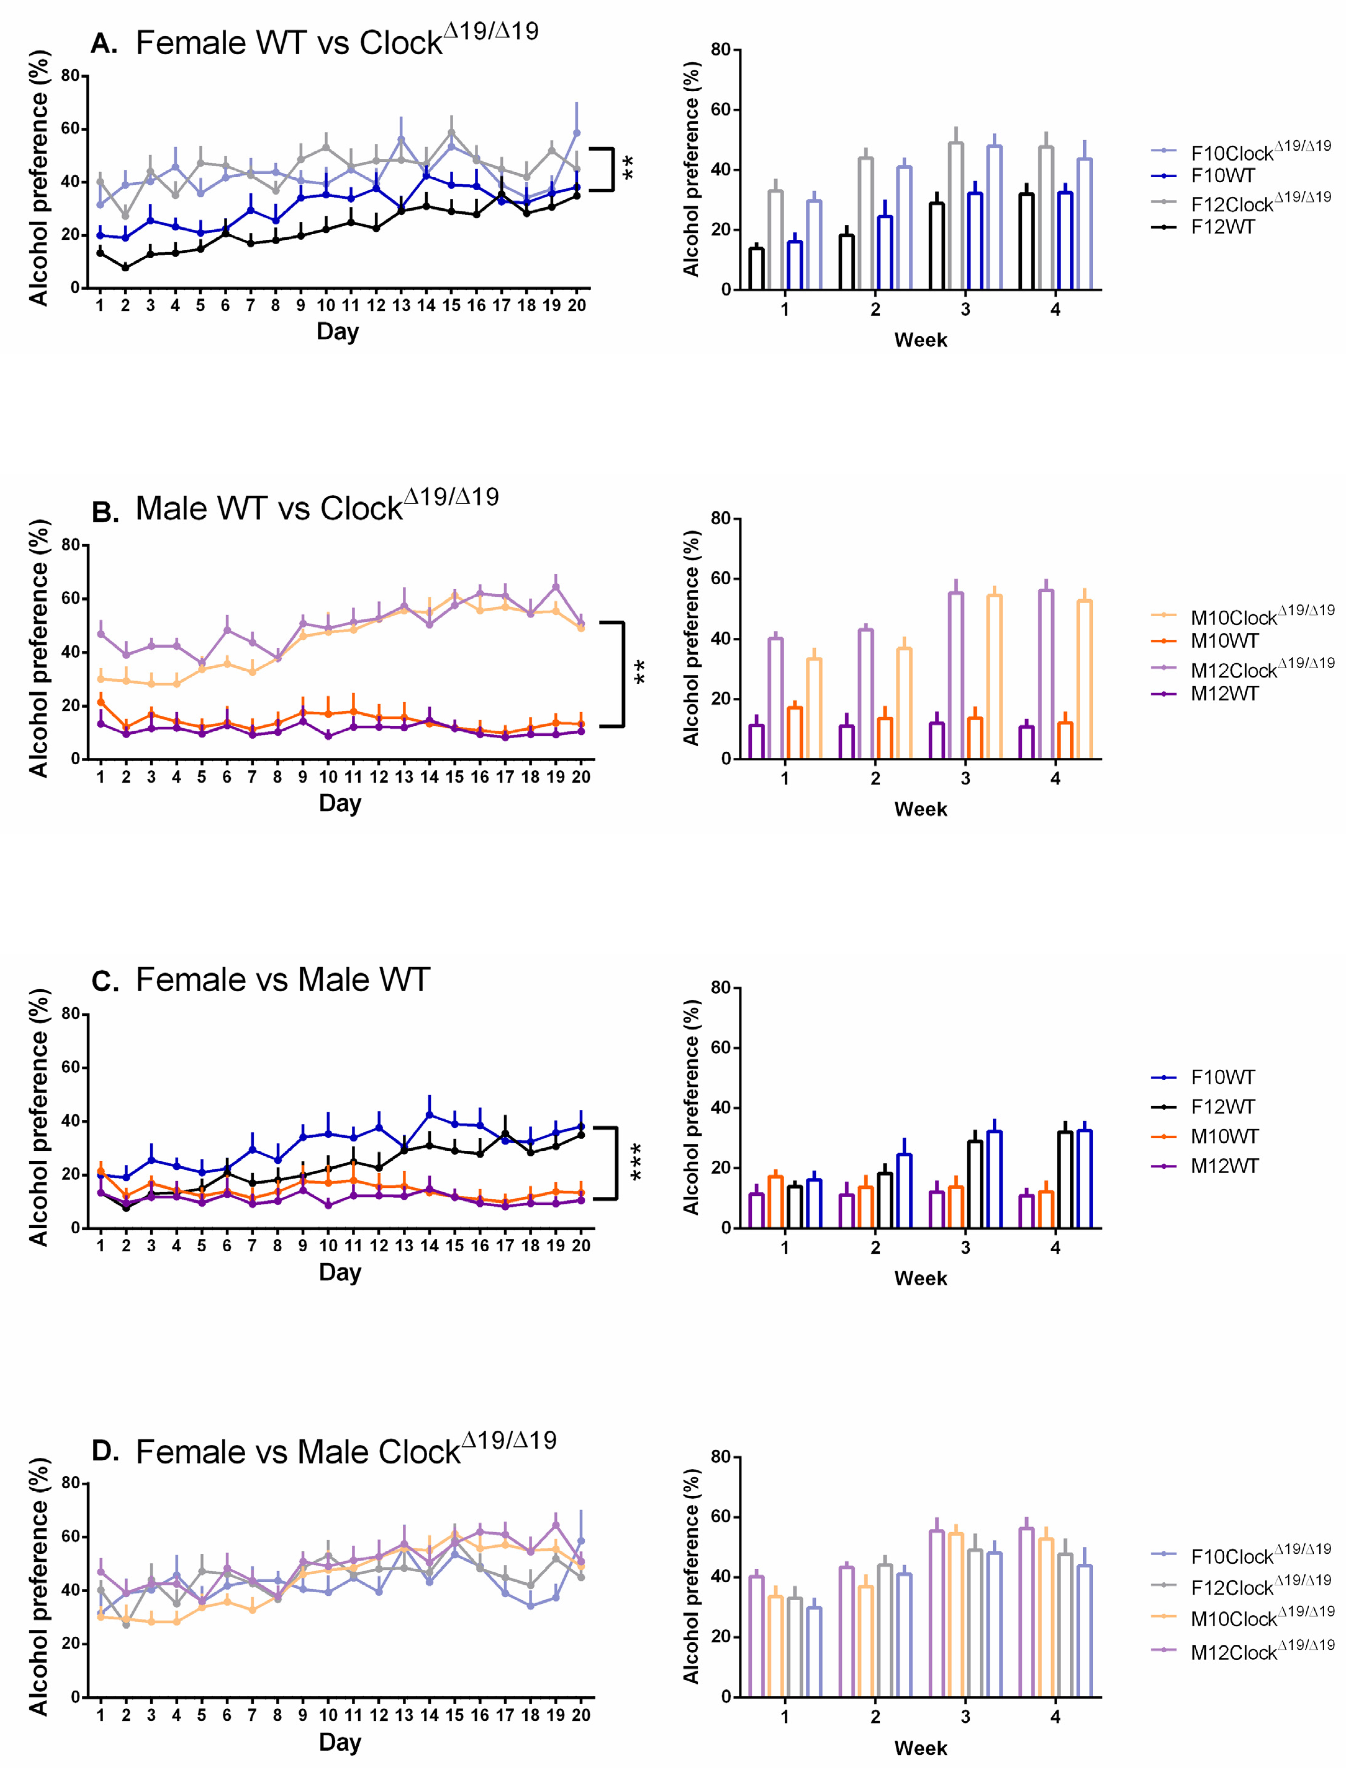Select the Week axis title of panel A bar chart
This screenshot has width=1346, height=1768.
[921, 340]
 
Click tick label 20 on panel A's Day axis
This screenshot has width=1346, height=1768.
[577, 305]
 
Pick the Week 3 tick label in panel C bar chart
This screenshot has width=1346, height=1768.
[965, 1247]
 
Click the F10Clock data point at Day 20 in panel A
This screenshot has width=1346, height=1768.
[577, 133]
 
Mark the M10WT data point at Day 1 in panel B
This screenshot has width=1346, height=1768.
[101, 702]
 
